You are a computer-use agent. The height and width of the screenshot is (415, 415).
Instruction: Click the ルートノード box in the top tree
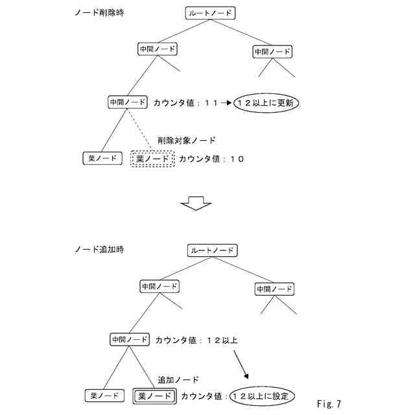(209, 13)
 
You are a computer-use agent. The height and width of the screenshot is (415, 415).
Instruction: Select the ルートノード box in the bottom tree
(212, 250)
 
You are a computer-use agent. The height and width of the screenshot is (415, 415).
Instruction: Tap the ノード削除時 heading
(99, 13)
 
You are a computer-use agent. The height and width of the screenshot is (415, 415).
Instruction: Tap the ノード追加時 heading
(99, 249)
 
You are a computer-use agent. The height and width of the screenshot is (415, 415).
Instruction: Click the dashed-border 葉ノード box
(153, 159)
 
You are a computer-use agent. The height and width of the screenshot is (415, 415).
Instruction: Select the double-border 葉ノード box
(154, 396)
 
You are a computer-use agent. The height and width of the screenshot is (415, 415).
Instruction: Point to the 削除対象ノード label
(187, 140)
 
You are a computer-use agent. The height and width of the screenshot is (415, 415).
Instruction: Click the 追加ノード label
(178, 379)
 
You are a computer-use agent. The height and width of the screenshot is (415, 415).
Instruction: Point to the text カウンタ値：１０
(211, 159)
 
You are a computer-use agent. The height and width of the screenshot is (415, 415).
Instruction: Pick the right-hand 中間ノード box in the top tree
(272, 52)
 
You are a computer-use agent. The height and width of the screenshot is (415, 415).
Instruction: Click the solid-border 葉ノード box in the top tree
(102, 158)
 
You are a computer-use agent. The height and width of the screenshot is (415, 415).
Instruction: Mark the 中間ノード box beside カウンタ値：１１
(128, 102)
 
